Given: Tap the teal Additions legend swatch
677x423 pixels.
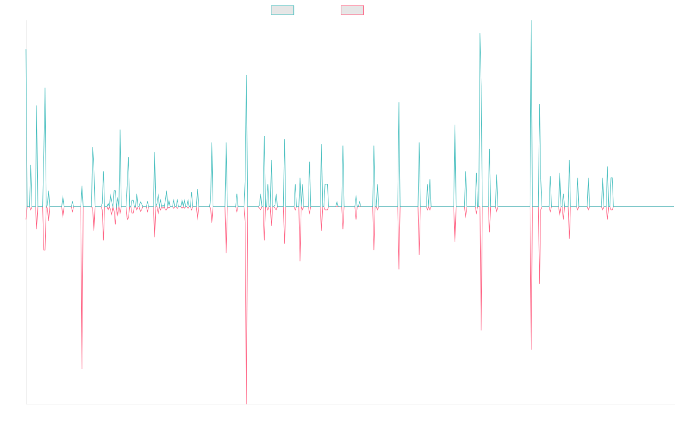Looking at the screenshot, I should (283, 10).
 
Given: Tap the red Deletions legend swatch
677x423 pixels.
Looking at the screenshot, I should (353, 10).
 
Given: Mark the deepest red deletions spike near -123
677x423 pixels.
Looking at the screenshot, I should (247, 403).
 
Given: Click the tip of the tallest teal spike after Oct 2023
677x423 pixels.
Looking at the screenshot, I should (531, 21).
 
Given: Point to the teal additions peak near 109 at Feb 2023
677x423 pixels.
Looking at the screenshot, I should (480, 33).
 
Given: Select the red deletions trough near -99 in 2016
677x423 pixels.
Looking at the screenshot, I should (82, 369).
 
